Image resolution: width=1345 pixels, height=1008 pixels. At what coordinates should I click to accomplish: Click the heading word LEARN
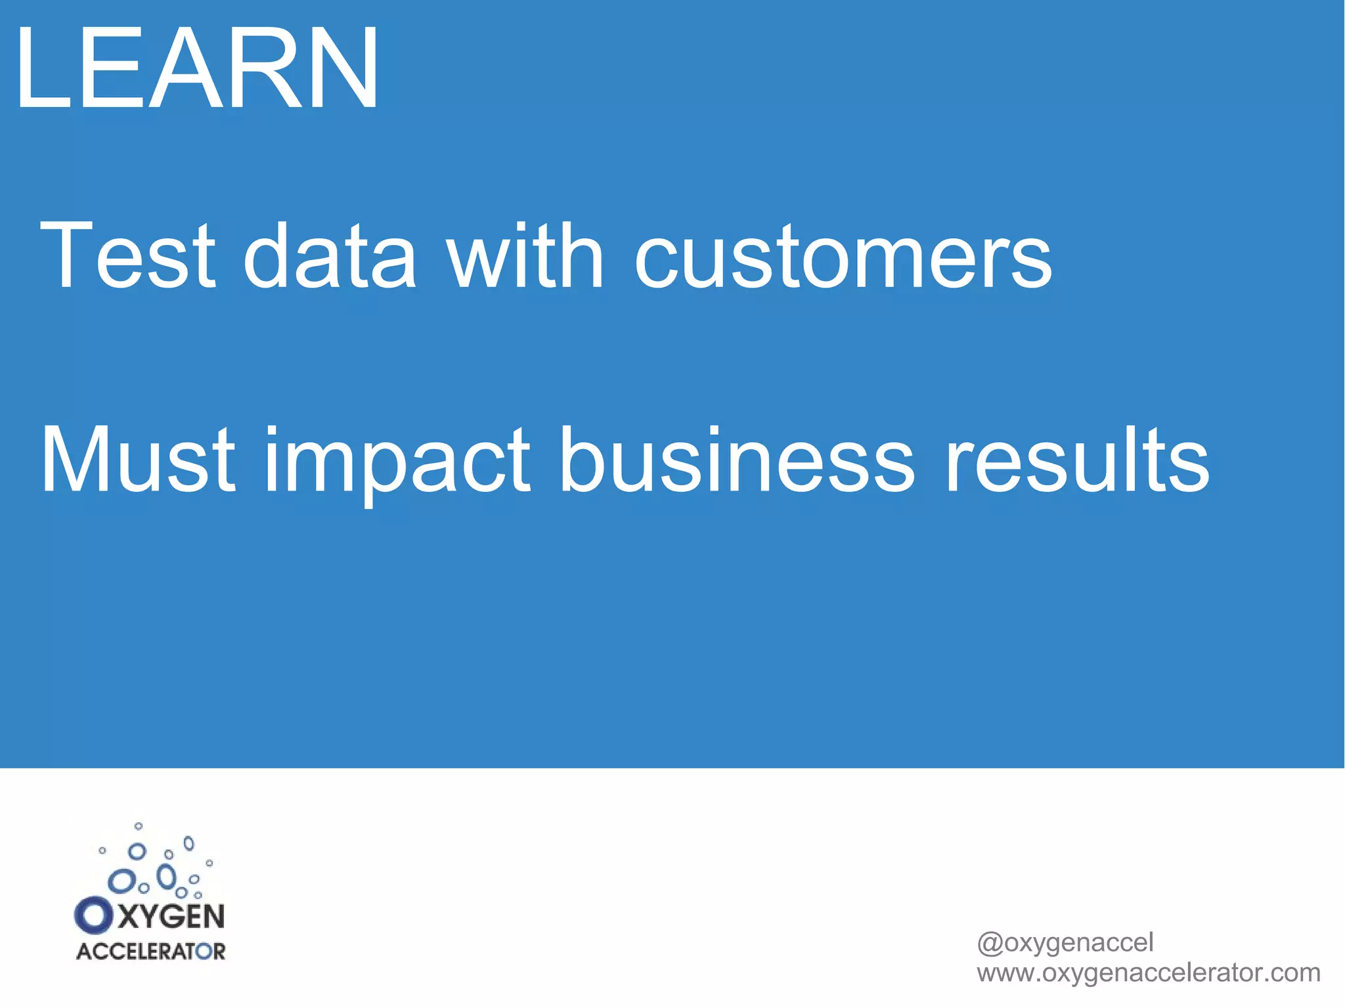coord(197,69)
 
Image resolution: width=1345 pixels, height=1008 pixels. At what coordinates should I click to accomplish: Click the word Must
coord(138,459)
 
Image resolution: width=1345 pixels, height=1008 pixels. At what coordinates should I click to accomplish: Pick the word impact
coord(397,463)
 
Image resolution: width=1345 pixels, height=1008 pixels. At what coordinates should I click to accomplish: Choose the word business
coord(736,459)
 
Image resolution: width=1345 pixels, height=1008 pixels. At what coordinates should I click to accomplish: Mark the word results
coord(1076,459)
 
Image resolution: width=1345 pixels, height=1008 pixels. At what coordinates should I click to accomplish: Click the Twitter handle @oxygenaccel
coord(1065,942)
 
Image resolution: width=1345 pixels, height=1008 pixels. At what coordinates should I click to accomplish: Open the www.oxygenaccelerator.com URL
coord(1148,973)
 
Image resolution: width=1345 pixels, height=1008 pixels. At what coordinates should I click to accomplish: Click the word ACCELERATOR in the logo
coord(150,952)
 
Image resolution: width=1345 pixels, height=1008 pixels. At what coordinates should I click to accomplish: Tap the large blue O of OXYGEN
coord(93,915)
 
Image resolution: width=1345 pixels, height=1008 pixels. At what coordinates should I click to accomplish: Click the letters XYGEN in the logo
coord(171,916)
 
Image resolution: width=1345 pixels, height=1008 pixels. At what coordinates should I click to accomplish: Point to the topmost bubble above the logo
coord(138,826)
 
